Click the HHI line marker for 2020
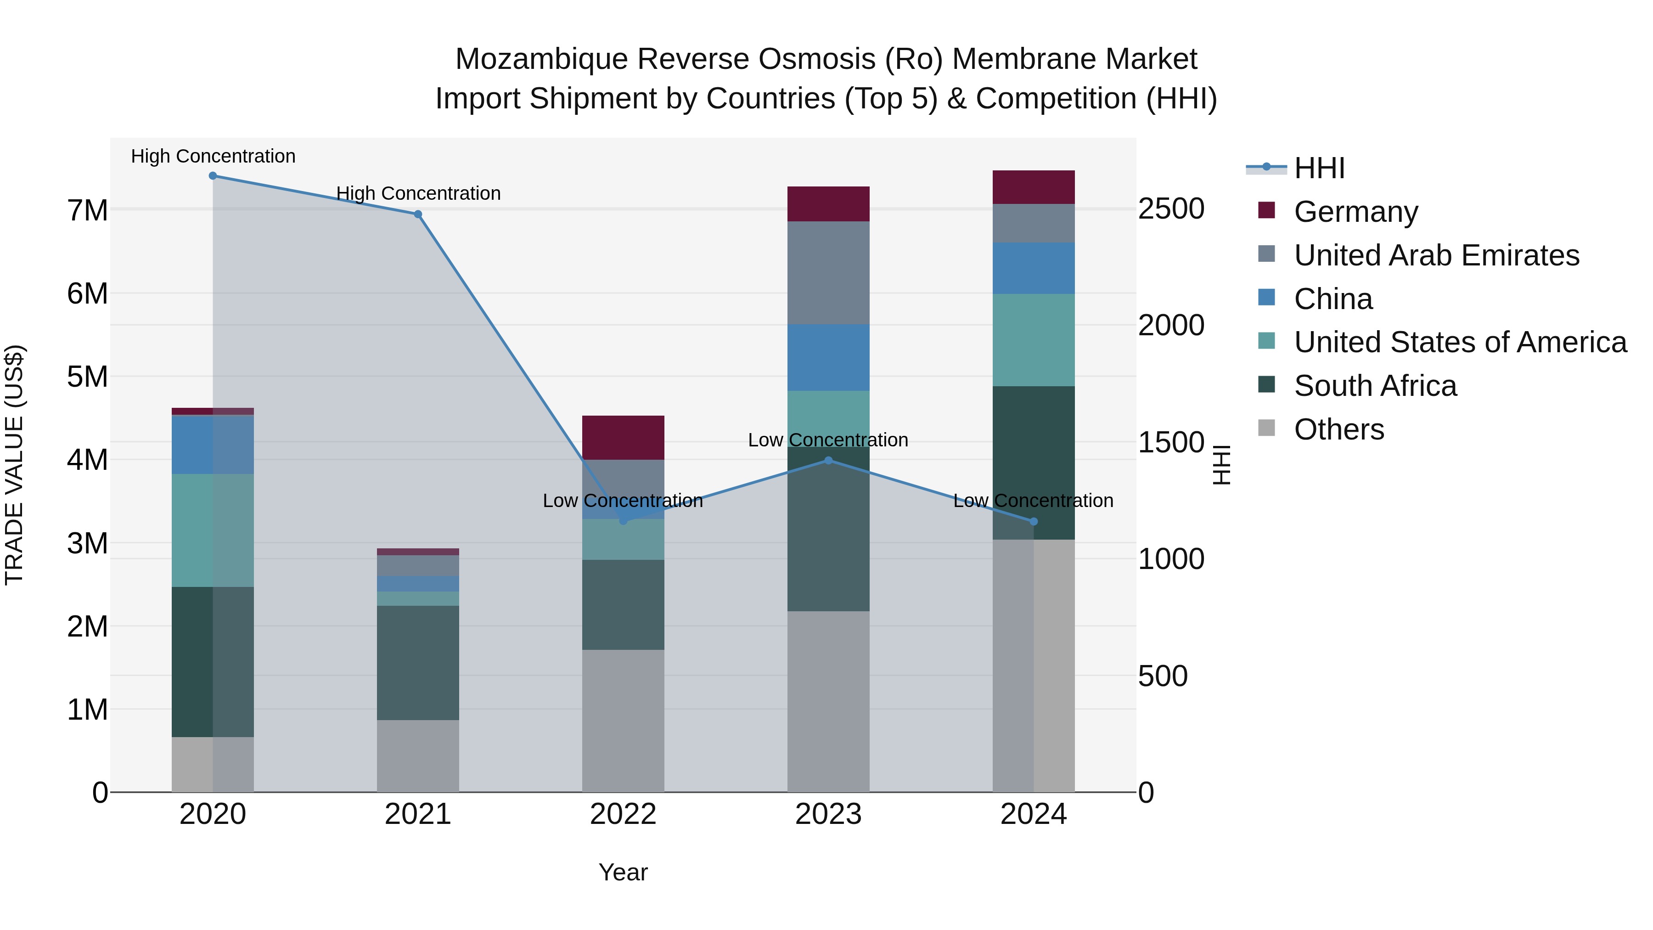point(213,176)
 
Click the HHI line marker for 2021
point(418,214)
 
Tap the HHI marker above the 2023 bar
point(828,460)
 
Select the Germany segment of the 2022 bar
point(623,438)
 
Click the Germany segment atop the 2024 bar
point(1033,187)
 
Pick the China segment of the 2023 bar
point(828,357)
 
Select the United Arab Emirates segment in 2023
point(828,273)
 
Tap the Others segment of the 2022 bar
point(623,721)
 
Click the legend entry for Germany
point(1355,212)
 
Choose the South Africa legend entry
point(1374,386)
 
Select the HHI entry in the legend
point(1319,168)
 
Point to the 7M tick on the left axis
point(88,210)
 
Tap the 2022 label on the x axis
point(623,814)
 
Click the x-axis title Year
point(623,872)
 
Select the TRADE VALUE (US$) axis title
point(14,465)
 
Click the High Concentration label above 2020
point(213,156)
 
